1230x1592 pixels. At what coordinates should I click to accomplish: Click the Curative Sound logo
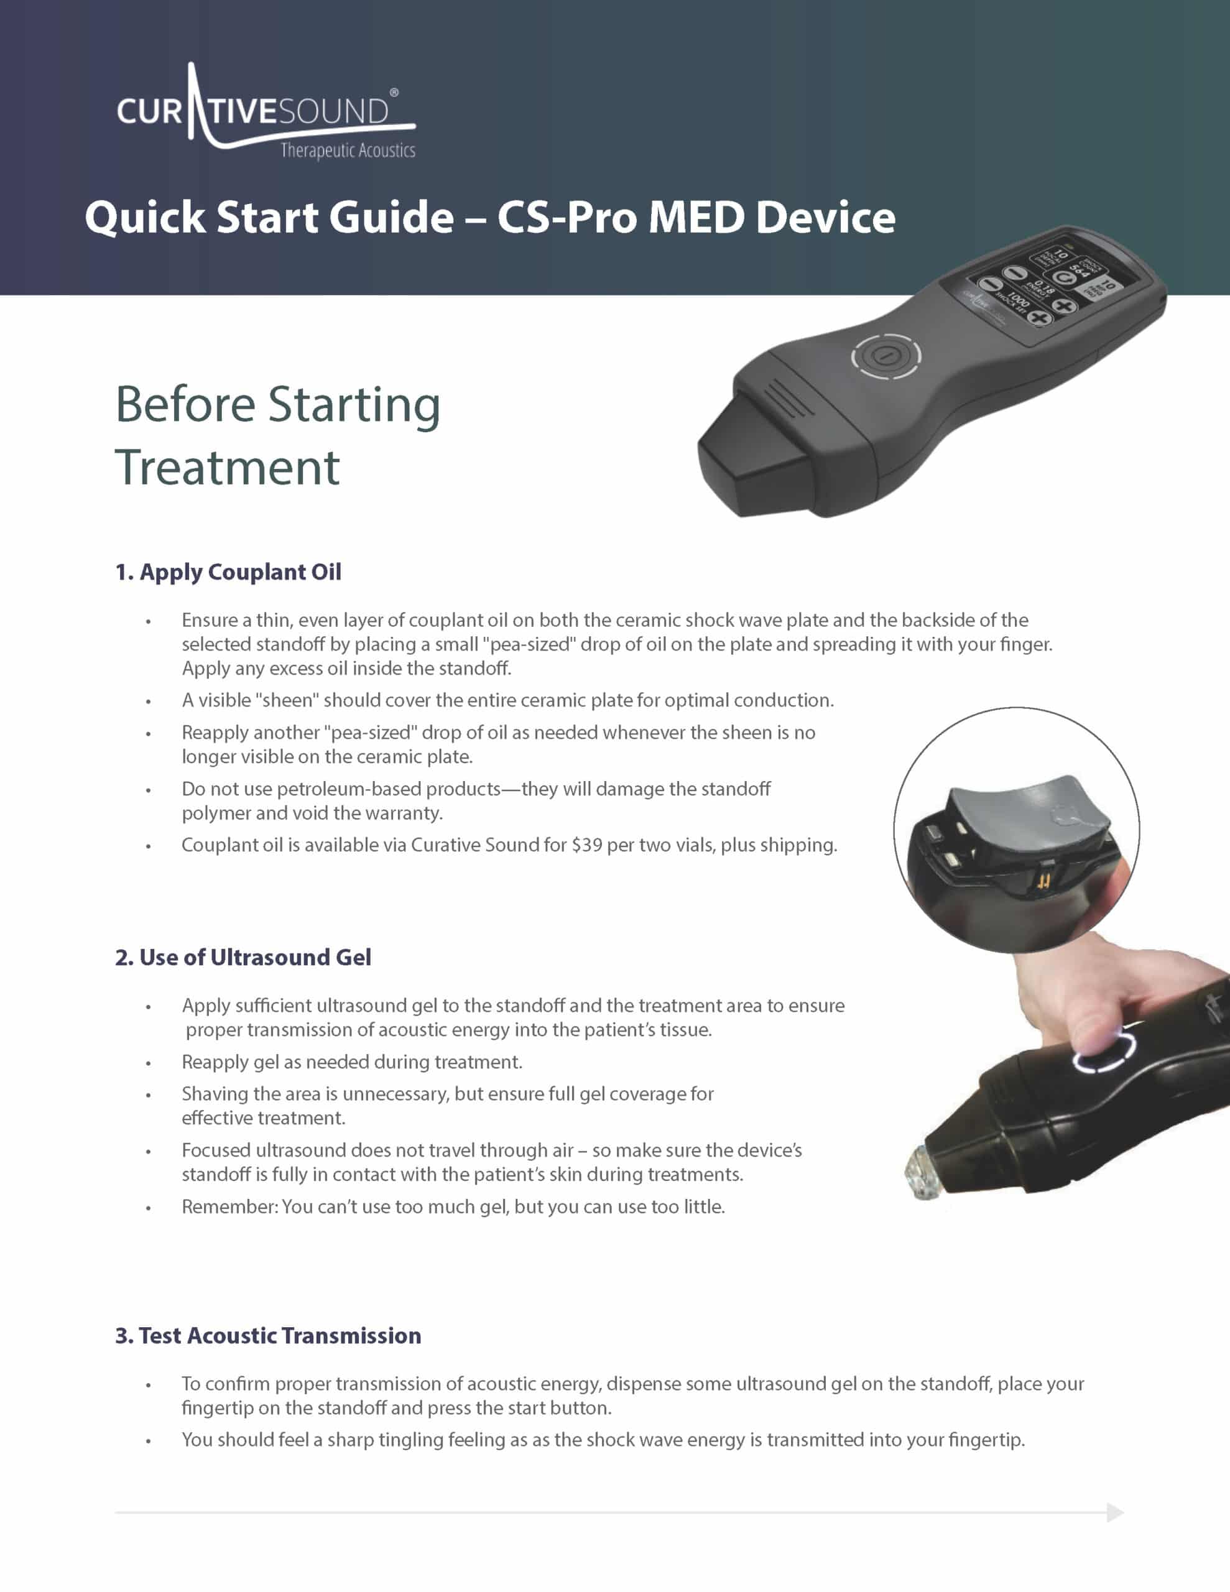tap(266, 111)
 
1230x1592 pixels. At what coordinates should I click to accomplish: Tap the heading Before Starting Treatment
tap(278, 435)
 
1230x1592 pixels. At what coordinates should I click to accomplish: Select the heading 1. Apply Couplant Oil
tap(228, 572)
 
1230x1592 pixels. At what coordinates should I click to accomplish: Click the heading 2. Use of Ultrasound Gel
tap(243, 957)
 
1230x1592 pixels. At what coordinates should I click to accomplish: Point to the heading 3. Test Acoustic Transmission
tap(268, 1335)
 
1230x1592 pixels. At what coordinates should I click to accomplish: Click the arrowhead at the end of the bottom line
tap(1115, 1512)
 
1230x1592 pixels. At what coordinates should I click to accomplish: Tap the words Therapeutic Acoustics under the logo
tap(348, 151)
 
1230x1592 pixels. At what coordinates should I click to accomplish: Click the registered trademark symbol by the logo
tap(394, 93)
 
